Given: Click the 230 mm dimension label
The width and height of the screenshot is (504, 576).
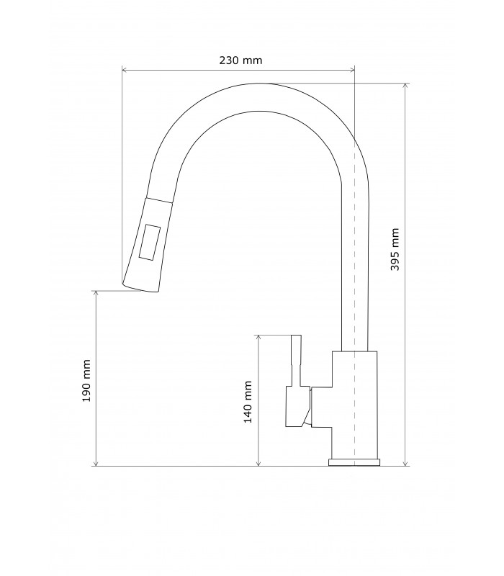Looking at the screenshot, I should [240, 60].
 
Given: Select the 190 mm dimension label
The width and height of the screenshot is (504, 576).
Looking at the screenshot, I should [86, 380].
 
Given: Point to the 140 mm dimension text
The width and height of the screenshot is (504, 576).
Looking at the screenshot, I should [248, 401].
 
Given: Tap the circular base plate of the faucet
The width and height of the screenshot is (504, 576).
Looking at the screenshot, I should [354, 462].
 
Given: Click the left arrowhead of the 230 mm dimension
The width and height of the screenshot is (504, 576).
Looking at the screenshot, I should [125, 71].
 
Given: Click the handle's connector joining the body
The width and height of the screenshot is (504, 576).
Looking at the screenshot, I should [321, 407].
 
